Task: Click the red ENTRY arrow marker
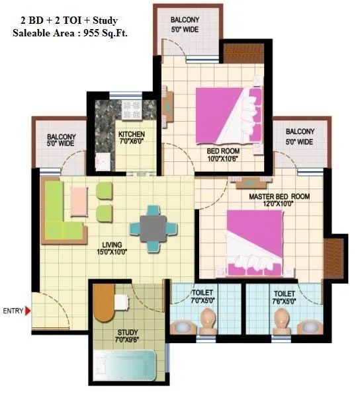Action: [x=28, y=310]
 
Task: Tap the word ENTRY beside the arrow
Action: [x=13, y=310]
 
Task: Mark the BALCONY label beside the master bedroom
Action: [x=300, y=137]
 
